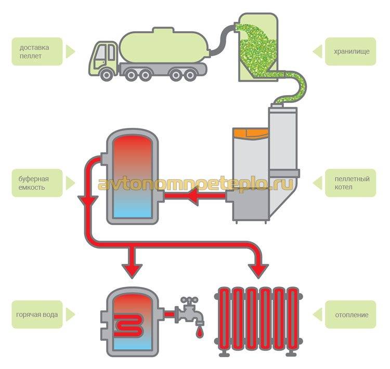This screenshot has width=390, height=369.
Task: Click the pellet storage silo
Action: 257,47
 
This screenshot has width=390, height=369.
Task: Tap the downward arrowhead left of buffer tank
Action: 84,201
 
